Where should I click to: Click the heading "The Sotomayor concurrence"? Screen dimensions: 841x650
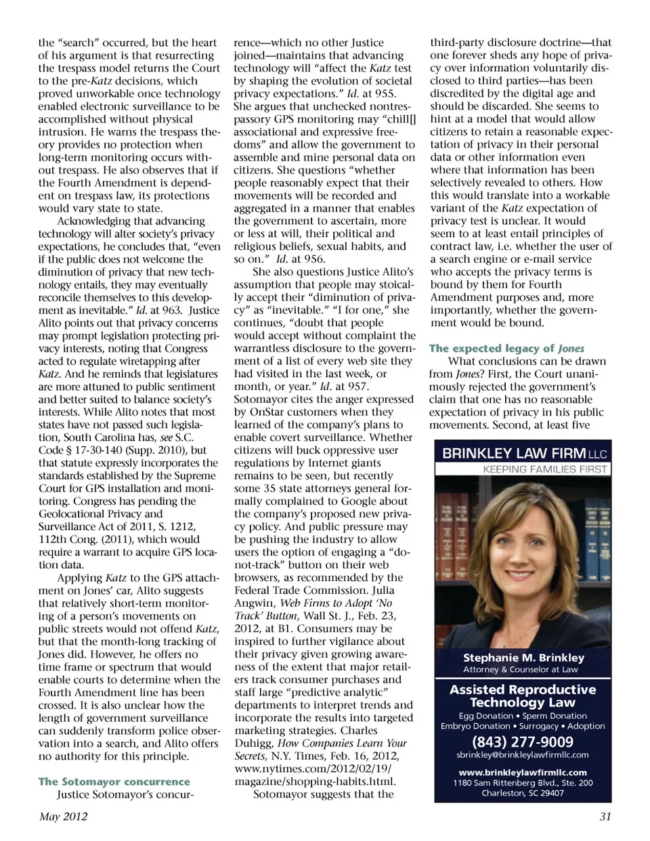pos(114,781)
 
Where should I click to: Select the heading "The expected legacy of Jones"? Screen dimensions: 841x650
pos(506,348)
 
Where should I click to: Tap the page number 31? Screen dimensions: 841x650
pos(605,816)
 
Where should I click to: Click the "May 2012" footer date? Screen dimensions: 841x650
pos(63,816)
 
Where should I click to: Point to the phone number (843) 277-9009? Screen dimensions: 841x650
pos(522,741)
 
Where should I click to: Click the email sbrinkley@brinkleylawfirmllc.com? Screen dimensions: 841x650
pos(522,754)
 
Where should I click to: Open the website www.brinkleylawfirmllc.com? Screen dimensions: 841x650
pos(522,772)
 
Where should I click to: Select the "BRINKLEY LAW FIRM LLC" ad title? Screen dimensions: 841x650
pos(524,453)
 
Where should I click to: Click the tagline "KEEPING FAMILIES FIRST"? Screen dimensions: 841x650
pos(544,469)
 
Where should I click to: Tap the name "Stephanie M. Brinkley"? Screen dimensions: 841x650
pos(523,657)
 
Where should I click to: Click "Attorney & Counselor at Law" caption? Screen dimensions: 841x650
pos(520,670)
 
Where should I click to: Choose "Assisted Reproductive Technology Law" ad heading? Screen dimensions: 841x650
pos(523,696)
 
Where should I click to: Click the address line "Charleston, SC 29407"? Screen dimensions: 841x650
pos(522,793)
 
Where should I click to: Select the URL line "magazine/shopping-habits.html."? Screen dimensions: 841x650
pos(314,781)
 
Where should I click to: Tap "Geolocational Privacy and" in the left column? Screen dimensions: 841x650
pos(100,514)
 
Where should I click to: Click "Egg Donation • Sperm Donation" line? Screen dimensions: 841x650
pos(522,716)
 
